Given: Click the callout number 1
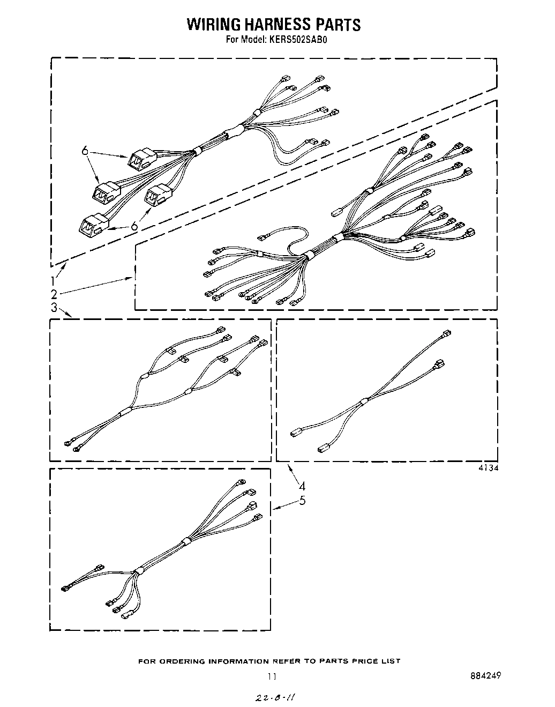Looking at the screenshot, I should [54, 279].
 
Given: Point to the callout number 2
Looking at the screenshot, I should [54, 293].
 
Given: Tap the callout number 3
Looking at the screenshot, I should [54, 308].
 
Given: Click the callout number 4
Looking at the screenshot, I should [303, 486].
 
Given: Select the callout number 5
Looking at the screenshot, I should [303, 501].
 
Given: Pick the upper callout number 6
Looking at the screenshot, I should [85, 151].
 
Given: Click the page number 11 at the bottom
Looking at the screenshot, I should [273, 676].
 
